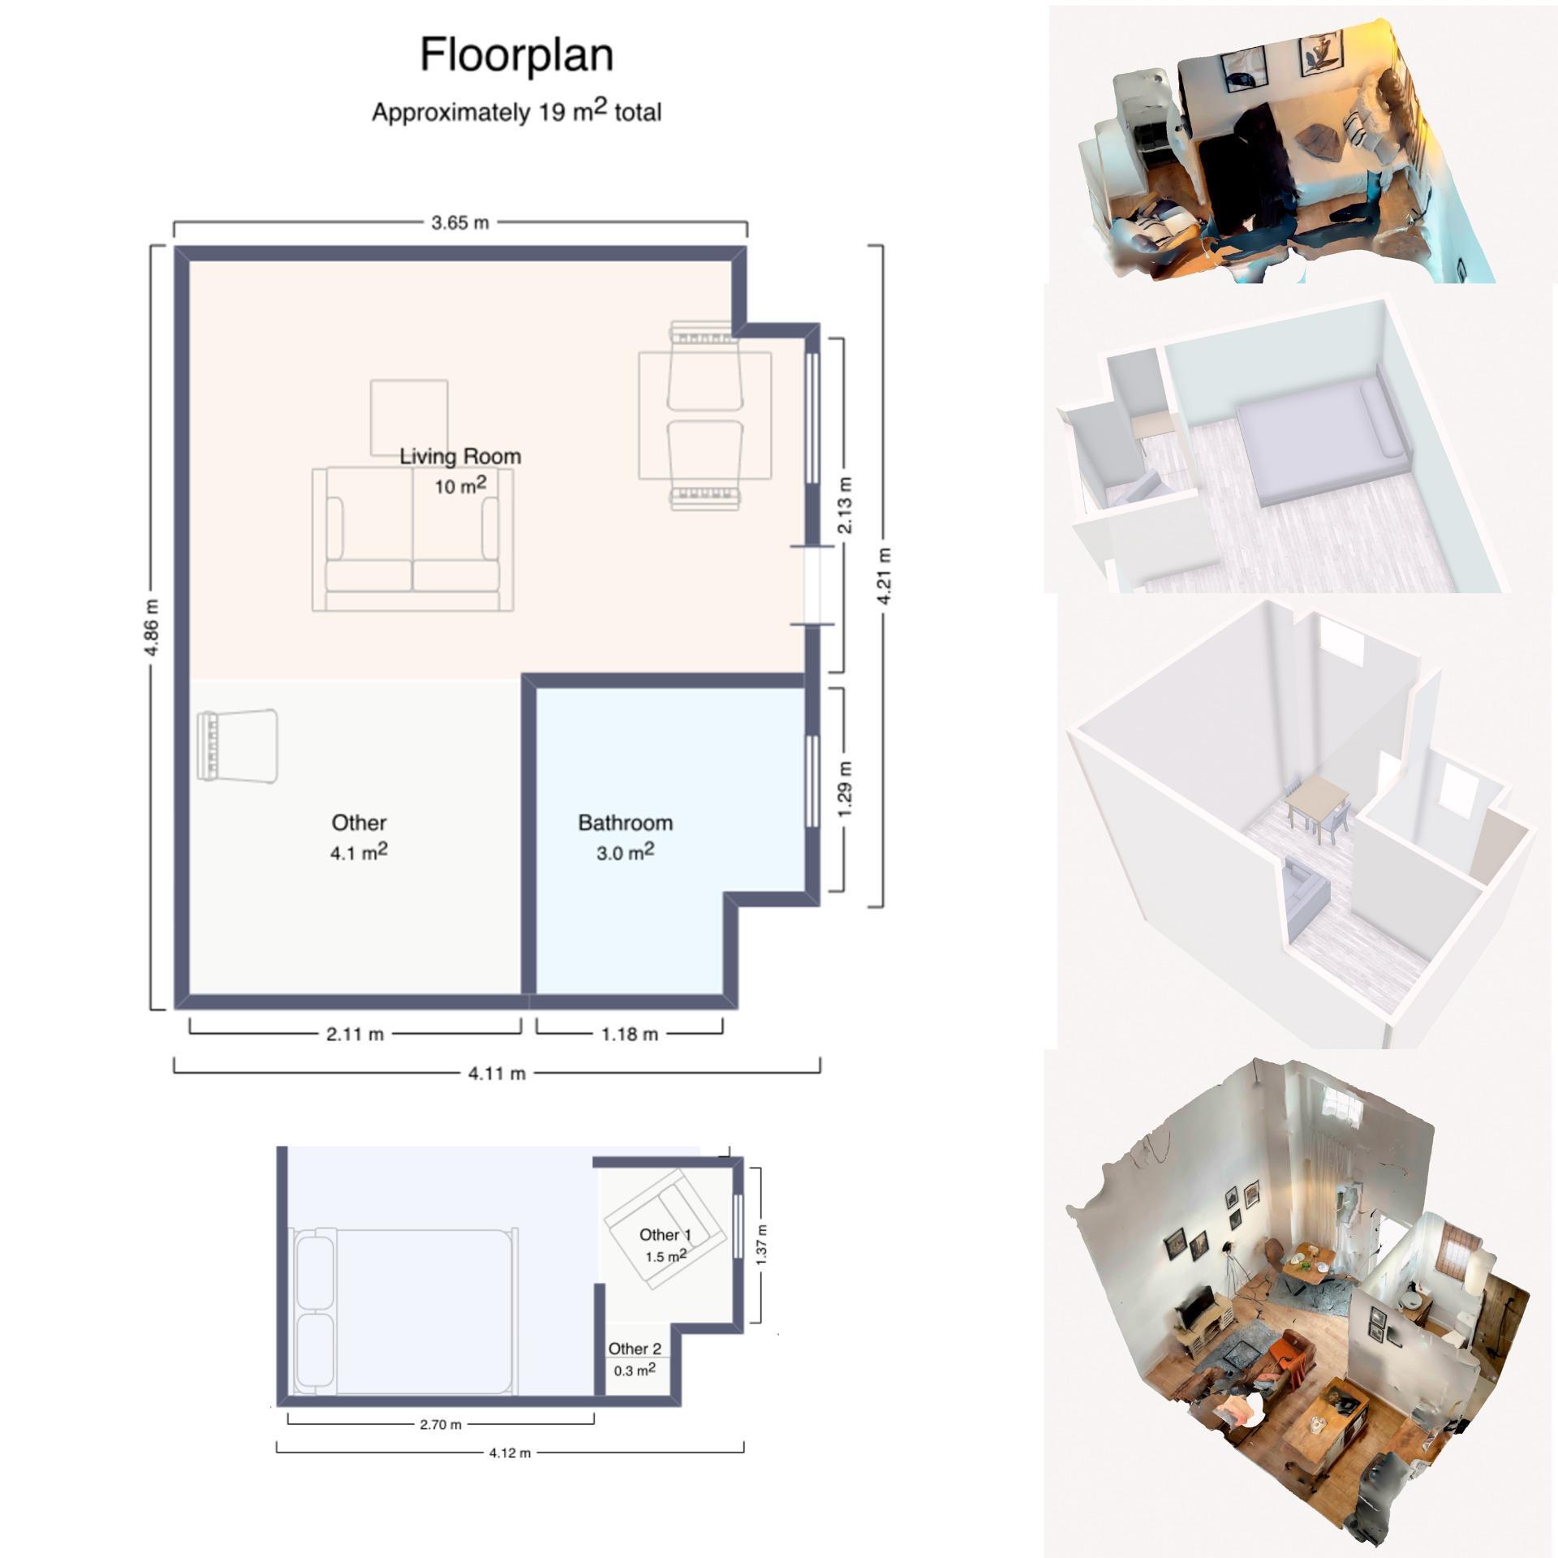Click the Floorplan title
(x=516, y=56)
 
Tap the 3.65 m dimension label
(x=460, y=222)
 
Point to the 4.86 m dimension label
(x=153, y=626)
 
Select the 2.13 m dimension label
(x=845, y=506)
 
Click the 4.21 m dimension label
(x=884, y=576)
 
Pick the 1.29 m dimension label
(x=845, y=790)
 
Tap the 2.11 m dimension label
(x=355, y=1035)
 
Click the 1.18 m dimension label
(x=629, y=1035)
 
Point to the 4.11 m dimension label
(x=497, y=1074)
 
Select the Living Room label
(x=460, y=456)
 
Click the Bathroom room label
(x=626, y=823)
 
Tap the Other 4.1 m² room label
(x=359, y=837)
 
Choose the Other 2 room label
(x=635, y=1349)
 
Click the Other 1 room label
(x=665, y=1235)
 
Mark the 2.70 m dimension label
(x=441, y=1425)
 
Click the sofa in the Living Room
(x=413, y=540)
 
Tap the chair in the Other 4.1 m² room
(x=239, y=747)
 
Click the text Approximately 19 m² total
(x=516, y=111)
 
